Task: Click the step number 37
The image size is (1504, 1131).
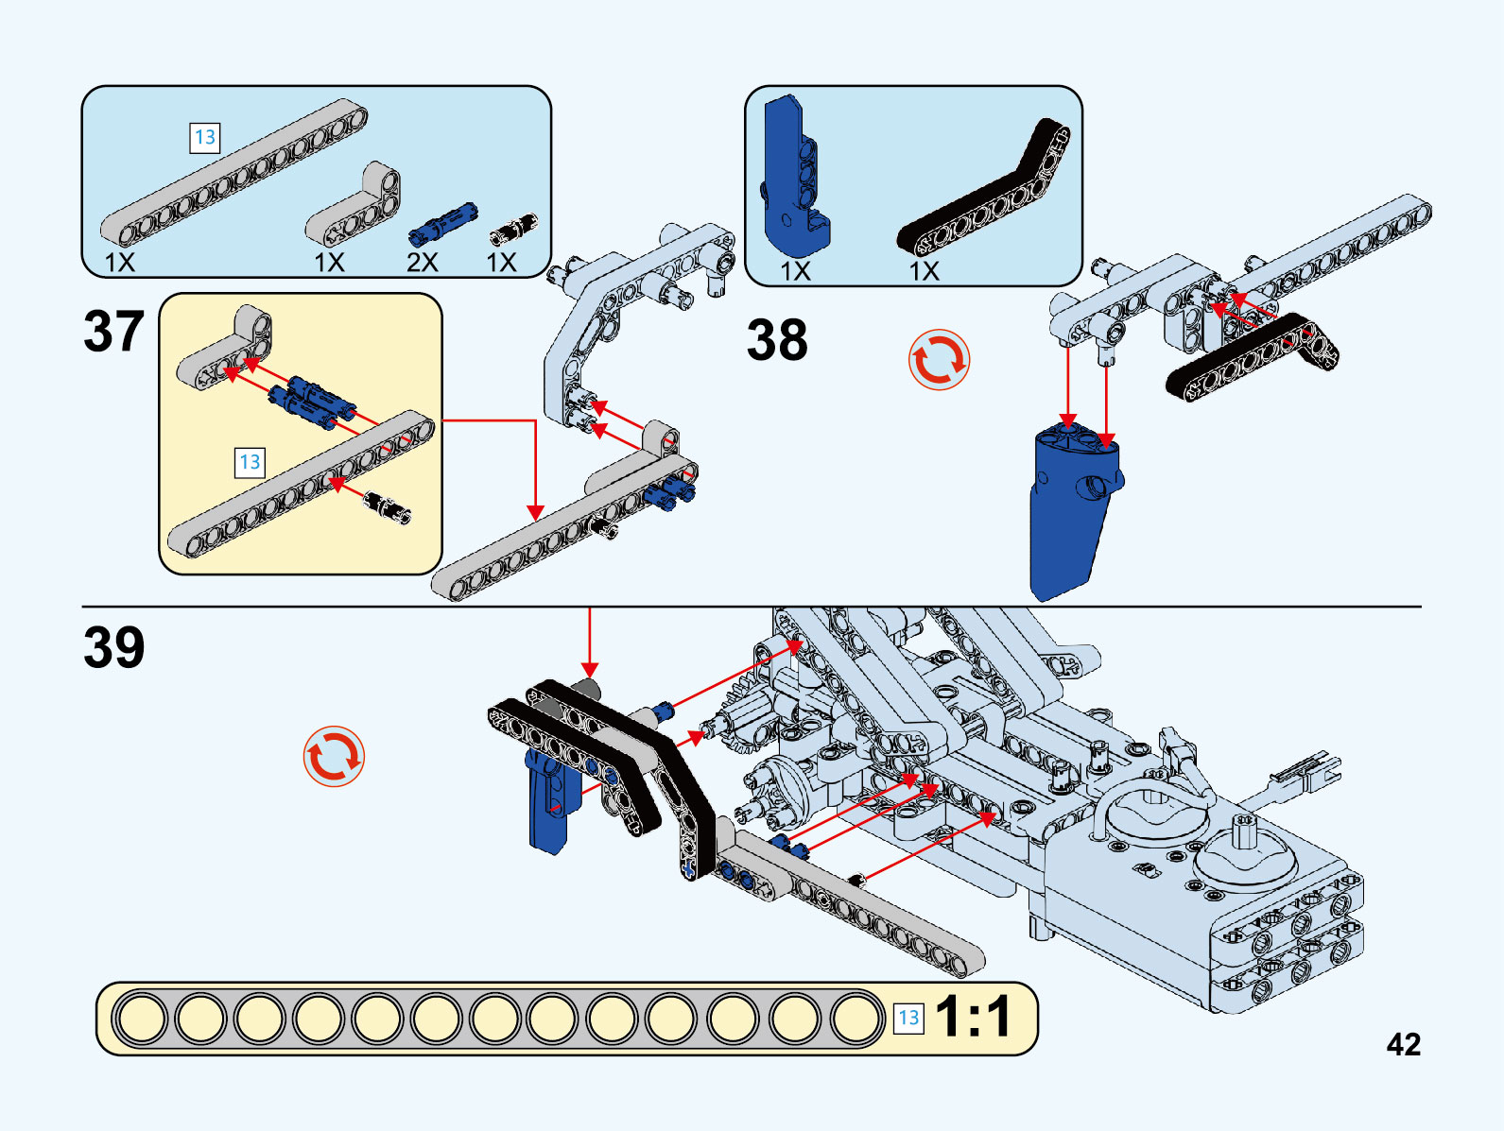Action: [113, 332]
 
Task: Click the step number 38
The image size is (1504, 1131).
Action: [777, 340]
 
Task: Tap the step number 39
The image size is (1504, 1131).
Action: [113, 648]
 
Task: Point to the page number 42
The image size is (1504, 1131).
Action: [1403, 1044]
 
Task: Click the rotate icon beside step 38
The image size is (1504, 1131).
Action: [939, 360]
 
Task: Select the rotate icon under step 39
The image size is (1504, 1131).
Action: [334, 756]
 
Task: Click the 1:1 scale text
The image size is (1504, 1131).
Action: [974, 1018]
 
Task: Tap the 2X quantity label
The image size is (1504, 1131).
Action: [423, 262]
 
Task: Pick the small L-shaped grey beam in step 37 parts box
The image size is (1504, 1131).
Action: [354, 205]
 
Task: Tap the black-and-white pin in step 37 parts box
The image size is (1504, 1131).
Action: [513, 230]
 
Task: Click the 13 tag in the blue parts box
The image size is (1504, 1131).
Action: [204, 138]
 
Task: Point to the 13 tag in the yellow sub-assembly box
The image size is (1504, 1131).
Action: [250, 462]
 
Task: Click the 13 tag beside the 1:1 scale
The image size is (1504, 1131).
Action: [908, 1018]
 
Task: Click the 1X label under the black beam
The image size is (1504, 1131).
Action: [924, 271]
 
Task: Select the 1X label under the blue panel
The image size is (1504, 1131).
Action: [795, 271]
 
